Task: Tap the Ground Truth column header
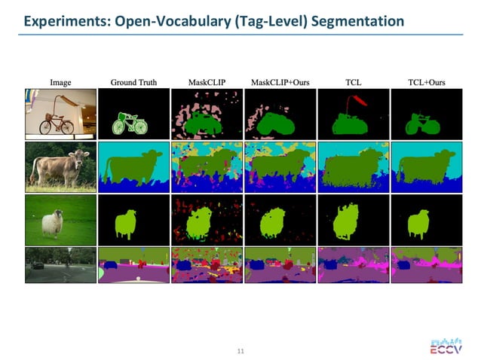tap(133, 81)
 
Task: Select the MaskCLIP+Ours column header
tap(279, 81)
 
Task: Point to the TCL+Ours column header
tap(425, 81)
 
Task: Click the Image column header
tap(60, 81)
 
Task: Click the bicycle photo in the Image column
tap(60, 114)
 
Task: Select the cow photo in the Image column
tap(60, 166)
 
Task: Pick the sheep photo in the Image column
tap(60, 219)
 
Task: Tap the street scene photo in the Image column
tap(60, 264)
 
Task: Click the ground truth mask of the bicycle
tap(133, 122)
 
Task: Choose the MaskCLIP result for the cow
tap(206, 166)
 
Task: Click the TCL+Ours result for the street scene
tap(425, 264)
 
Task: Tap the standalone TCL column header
tap(352, 81)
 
